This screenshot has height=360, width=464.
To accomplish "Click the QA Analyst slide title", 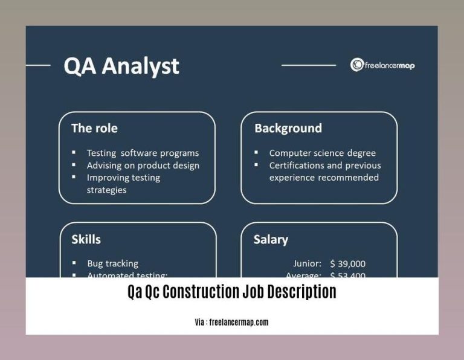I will (121, 65).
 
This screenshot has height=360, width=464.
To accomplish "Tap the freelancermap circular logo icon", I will (356, 65).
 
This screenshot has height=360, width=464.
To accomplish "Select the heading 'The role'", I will (94, 128).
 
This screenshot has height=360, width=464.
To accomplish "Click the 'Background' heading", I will (288, 128).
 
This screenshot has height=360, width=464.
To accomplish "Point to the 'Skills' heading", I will (86, 239).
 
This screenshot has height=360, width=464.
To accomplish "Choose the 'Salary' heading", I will (270, 239).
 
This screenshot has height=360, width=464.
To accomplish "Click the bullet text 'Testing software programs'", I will (143, 153).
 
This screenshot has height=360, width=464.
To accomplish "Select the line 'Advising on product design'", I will (143, 165).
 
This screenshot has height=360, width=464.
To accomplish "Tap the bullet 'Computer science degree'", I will (322, 153).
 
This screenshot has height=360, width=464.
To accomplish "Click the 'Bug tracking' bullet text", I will (112, 263).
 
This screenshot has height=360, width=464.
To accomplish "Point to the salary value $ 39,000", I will (347, 263).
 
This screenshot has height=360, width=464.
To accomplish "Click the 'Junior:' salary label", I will (307, 263).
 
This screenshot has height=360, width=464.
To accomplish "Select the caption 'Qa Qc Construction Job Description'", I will (231, 292).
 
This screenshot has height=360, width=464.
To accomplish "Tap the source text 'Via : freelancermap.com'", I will (231, 322).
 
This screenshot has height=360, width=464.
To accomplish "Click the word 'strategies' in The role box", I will (106, 190).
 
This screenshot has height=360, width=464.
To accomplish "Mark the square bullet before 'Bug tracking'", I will (74, 263).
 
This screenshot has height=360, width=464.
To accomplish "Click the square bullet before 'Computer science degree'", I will (256, 153).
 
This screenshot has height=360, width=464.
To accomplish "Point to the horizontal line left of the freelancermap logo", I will (308, 65).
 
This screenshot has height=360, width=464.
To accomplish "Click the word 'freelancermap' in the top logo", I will (389, 65).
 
